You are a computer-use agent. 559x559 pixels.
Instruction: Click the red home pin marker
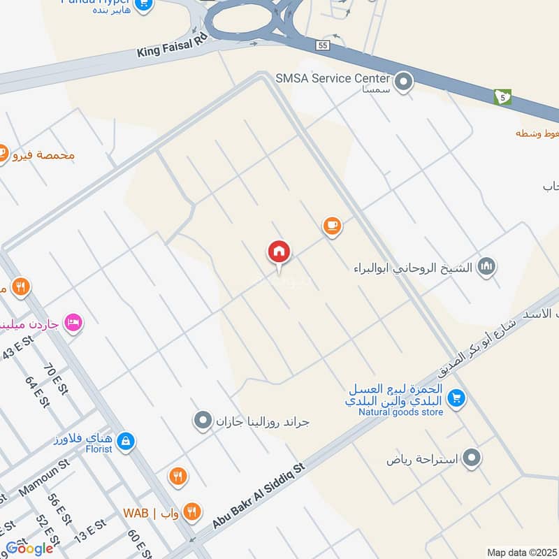tap(279, 253)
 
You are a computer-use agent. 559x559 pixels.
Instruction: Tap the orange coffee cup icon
tap(332, 226)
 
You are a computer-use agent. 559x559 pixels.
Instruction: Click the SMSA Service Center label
tap(333, 78)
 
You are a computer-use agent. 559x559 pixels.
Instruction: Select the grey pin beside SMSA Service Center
tap(403, 83)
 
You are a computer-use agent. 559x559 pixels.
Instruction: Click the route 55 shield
tap(322, 44)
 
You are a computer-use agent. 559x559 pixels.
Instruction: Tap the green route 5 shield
tap(502, 96)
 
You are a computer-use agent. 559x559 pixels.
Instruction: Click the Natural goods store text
tap(400, 412)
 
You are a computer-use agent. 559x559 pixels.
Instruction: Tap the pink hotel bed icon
tap(72, 323)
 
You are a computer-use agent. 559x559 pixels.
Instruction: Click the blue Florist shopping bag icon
tap(126, 442)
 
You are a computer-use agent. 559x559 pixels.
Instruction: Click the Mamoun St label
tap(45, 477)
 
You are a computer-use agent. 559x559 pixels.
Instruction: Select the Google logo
tap(29, 549)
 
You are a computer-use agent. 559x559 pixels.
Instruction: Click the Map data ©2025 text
tap(521, 553)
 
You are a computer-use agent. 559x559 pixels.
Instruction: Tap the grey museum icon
tap(487, 266)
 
